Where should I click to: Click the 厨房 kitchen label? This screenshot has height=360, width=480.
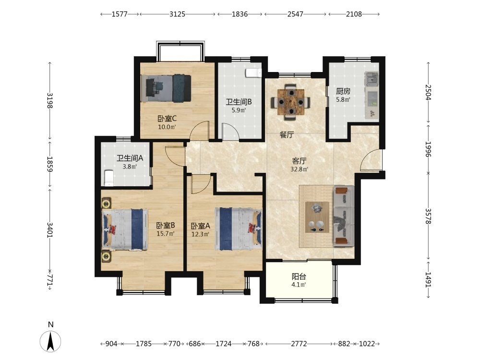pyautogui.click(x=343, y=91)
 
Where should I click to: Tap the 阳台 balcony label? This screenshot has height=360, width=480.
pyautogui.click(x=299, y=277)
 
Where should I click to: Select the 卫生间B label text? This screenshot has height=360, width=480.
pyautogui.click(x=239, y=102)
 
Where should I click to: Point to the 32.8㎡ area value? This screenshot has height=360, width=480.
pyautogui.click(x=299, y=169)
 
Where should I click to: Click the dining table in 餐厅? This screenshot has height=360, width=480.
pyautogui.click(x=291, y=102)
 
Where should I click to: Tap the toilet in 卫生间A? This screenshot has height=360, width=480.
pyautogui.click(x=108, y=178)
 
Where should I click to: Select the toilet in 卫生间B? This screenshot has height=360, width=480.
pyautogui.click(x=253, y=73)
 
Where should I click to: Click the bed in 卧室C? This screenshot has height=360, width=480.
pyautogui.click(x=166, y=88)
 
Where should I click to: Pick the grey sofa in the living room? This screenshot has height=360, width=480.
pyautogui.click(x=344, y=216)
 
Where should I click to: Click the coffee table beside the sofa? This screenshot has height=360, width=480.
pyautogui.click(x=317, y=217)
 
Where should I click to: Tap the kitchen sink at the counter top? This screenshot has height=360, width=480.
pyautogui.click(x=372, y=79)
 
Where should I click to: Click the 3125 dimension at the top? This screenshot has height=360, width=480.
pyautogui.click(x=177, y=14)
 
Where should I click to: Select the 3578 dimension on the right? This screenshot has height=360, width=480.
pyautogui.click(x=428, y=216)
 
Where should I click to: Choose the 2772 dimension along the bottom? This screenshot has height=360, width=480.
pyautogui.click(x=299, y=344)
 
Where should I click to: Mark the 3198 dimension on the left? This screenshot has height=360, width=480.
pyautogui.click(x=49, y=100)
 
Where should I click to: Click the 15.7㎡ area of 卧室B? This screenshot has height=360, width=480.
pyautogui.click(x=166, y=234)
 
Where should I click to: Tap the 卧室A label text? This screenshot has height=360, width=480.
pyautogui.click(x=201, y=226)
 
